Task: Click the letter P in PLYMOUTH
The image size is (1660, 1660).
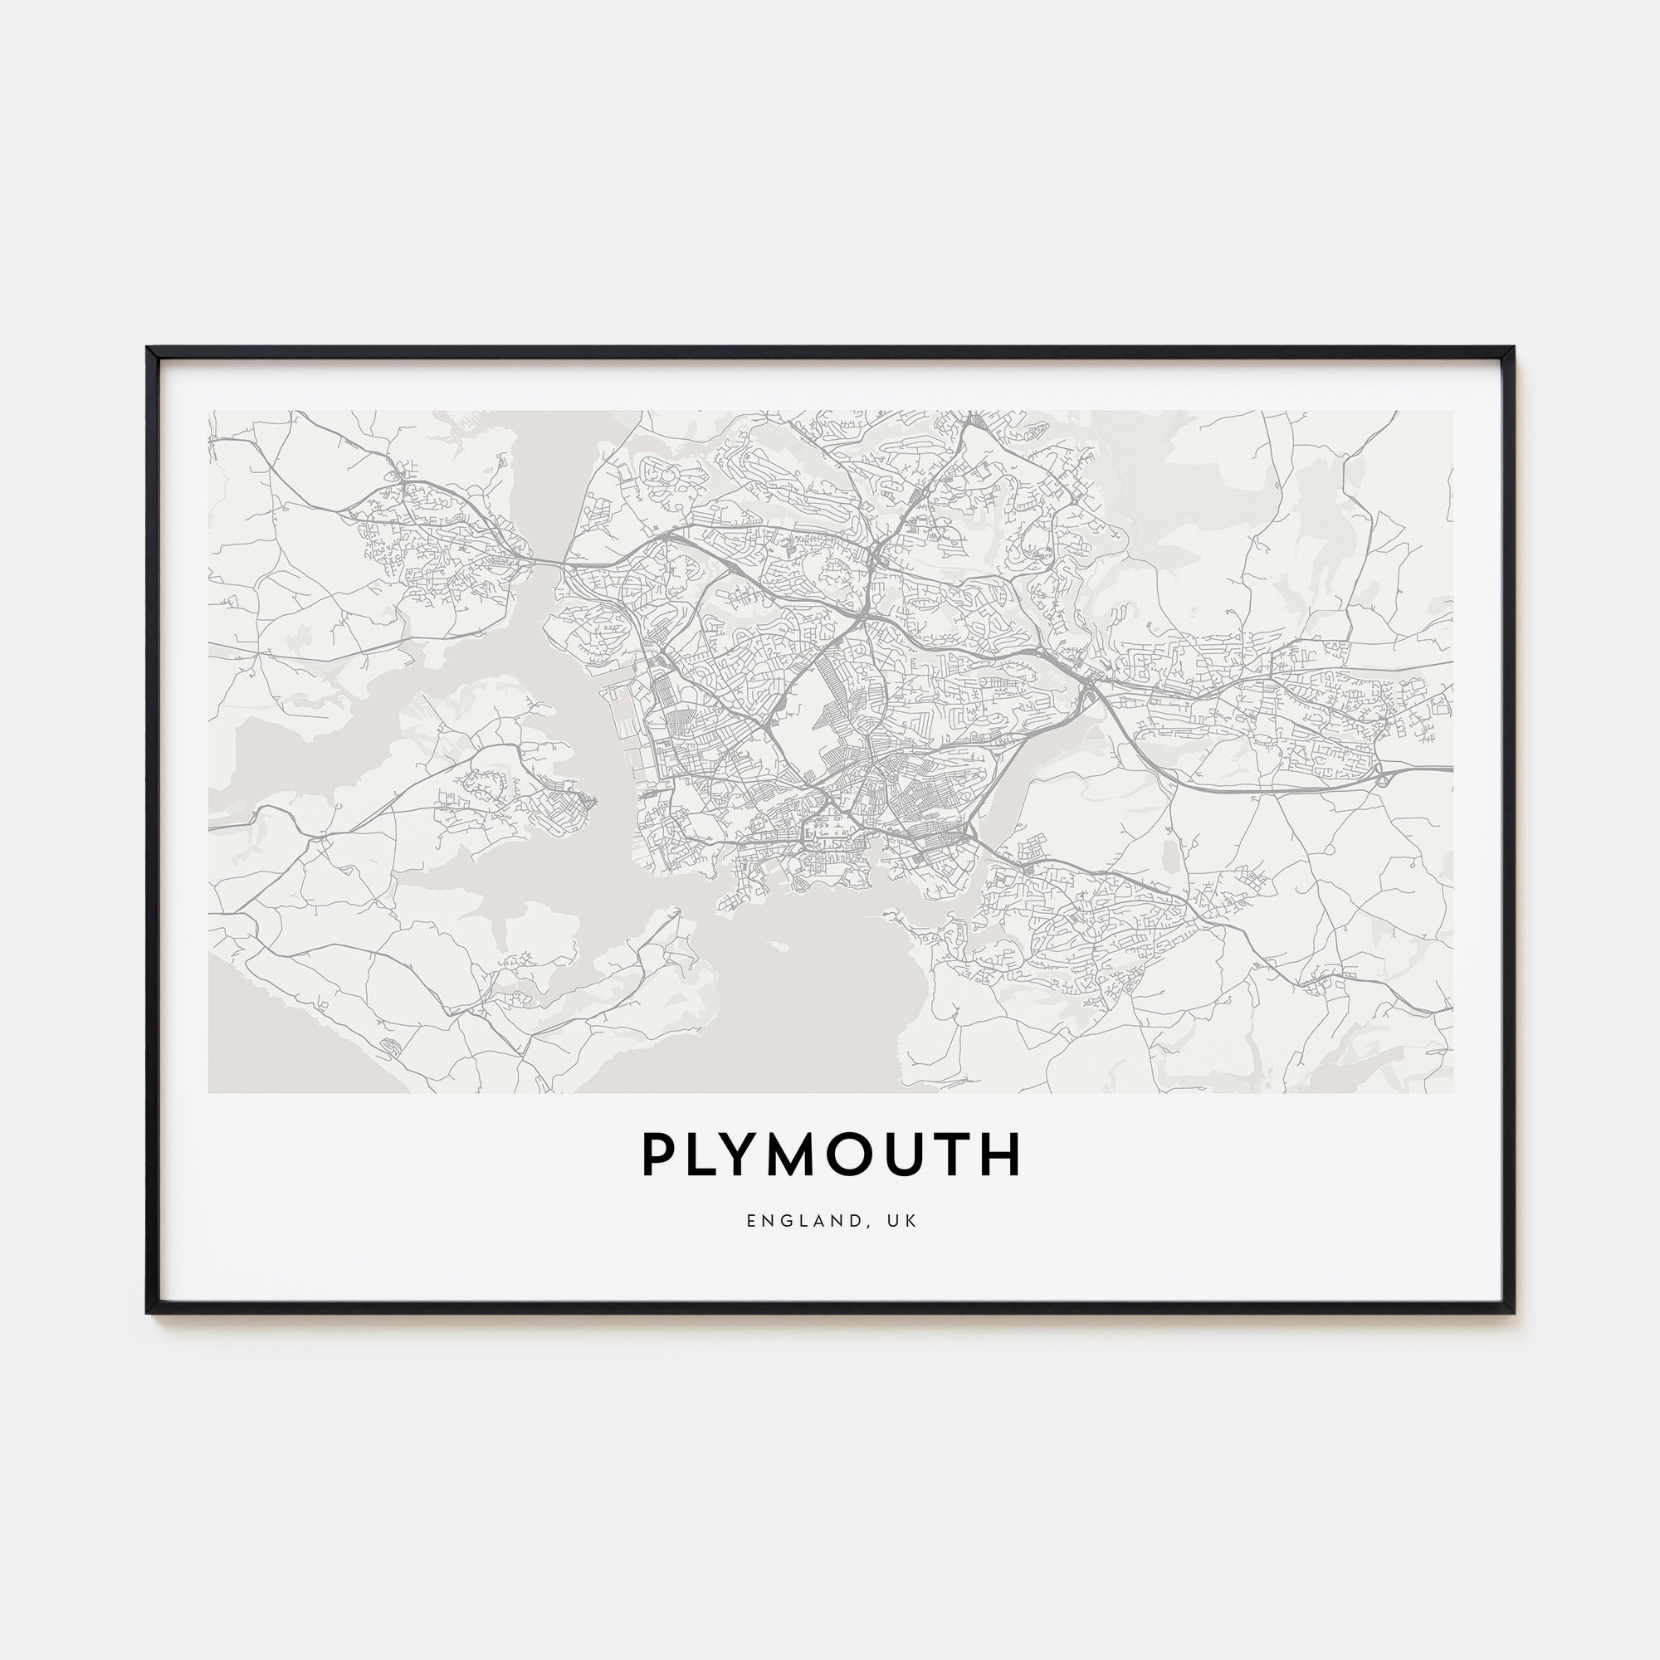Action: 657,1155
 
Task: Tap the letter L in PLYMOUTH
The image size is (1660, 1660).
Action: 701,1155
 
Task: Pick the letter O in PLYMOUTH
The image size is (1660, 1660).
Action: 861,1155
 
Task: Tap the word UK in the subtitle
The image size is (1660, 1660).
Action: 905,1221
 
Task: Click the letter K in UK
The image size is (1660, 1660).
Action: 912,1221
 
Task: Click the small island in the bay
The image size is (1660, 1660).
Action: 779,946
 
